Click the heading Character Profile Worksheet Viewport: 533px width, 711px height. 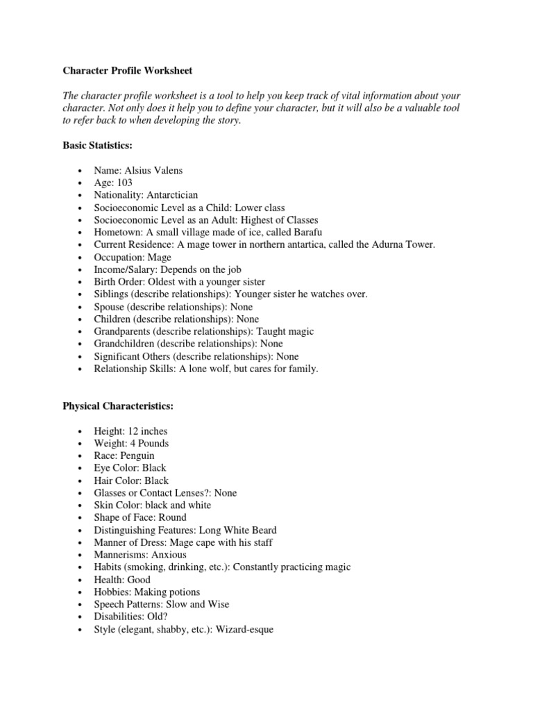128,70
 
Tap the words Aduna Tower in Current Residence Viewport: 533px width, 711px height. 395,244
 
